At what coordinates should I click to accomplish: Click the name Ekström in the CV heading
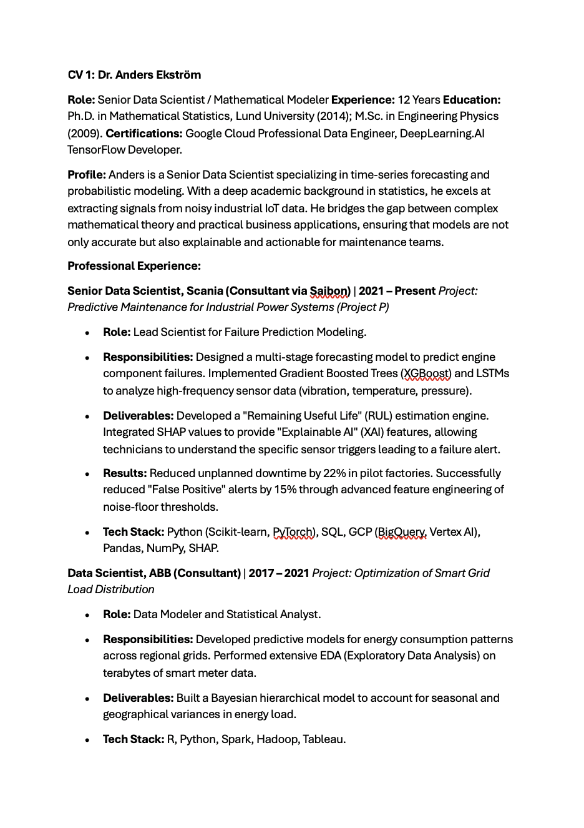point(178,75)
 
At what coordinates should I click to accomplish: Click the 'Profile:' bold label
point(87,175)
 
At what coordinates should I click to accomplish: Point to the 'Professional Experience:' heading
point(134,266)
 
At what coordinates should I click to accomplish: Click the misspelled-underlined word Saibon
point(329,291)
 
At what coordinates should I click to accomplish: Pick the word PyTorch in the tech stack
point(293,532)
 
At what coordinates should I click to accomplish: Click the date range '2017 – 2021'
point(279,573)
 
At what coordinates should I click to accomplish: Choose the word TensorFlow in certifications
point(96,150)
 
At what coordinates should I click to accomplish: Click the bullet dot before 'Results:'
point(87,474)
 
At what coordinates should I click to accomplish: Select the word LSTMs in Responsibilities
point(492,373)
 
